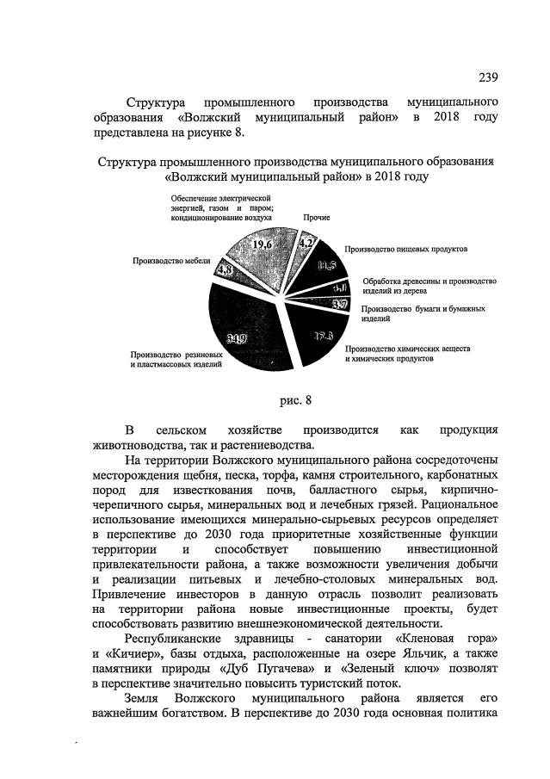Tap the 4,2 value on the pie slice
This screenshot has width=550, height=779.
305,243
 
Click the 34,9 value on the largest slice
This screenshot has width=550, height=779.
237,338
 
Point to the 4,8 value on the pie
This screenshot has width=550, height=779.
226,269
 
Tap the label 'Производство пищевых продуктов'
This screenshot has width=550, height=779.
405,249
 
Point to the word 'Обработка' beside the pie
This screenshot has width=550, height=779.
383,281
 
